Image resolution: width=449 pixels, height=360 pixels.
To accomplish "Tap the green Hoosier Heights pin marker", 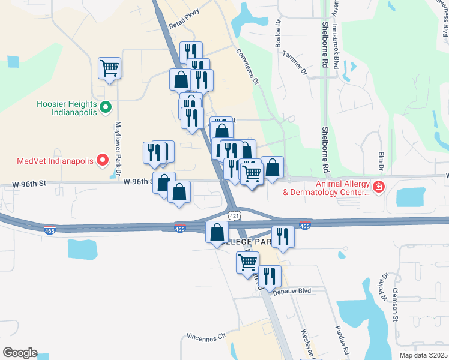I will [x=106, y=108].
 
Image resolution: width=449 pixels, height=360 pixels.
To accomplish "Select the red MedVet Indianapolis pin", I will [x=103, y=161].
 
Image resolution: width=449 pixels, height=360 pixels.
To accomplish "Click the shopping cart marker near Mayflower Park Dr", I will [x=110, y=68].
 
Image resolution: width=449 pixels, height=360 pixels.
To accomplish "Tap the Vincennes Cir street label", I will [x=205, y=335].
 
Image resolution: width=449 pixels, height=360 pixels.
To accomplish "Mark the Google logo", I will [x=20, y=353].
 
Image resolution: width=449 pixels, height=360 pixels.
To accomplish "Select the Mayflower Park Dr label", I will [x=118, y=146].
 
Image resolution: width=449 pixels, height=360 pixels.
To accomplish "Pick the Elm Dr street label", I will [x=381, y=160].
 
